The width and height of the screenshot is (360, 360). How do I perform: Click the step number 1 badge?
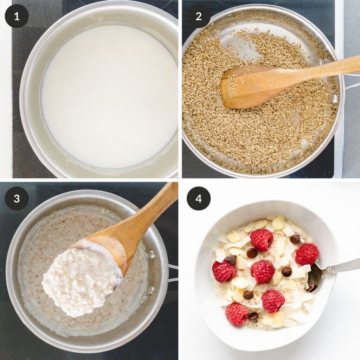(x=17, y=16)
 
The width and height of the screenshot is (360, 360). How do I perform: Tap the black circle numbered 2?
(x=199, y=16)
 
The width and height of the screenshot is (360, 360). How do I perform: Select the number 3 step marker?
(x=17, y=198)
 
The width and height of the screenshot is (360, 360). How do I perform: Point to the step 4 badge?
(x=199, y=198)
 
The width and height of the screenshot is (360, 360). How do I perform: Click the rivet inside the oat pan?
(x=334, y=98)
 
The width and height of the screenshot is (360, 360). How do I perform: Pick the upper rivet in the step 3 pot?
(x=151, y=254)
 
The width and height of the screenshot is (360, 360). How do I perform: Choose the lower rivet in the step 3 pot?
(x=150, y=290)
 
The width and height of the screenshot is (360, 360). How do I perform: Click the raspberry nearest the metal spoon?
(x=307, y=254)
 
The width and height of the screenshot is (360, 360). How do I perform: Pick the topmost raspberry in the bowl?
(x=262, y=240)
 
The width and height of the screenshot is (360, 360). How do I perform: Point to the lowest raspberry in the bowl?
(x=237, y=314)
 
